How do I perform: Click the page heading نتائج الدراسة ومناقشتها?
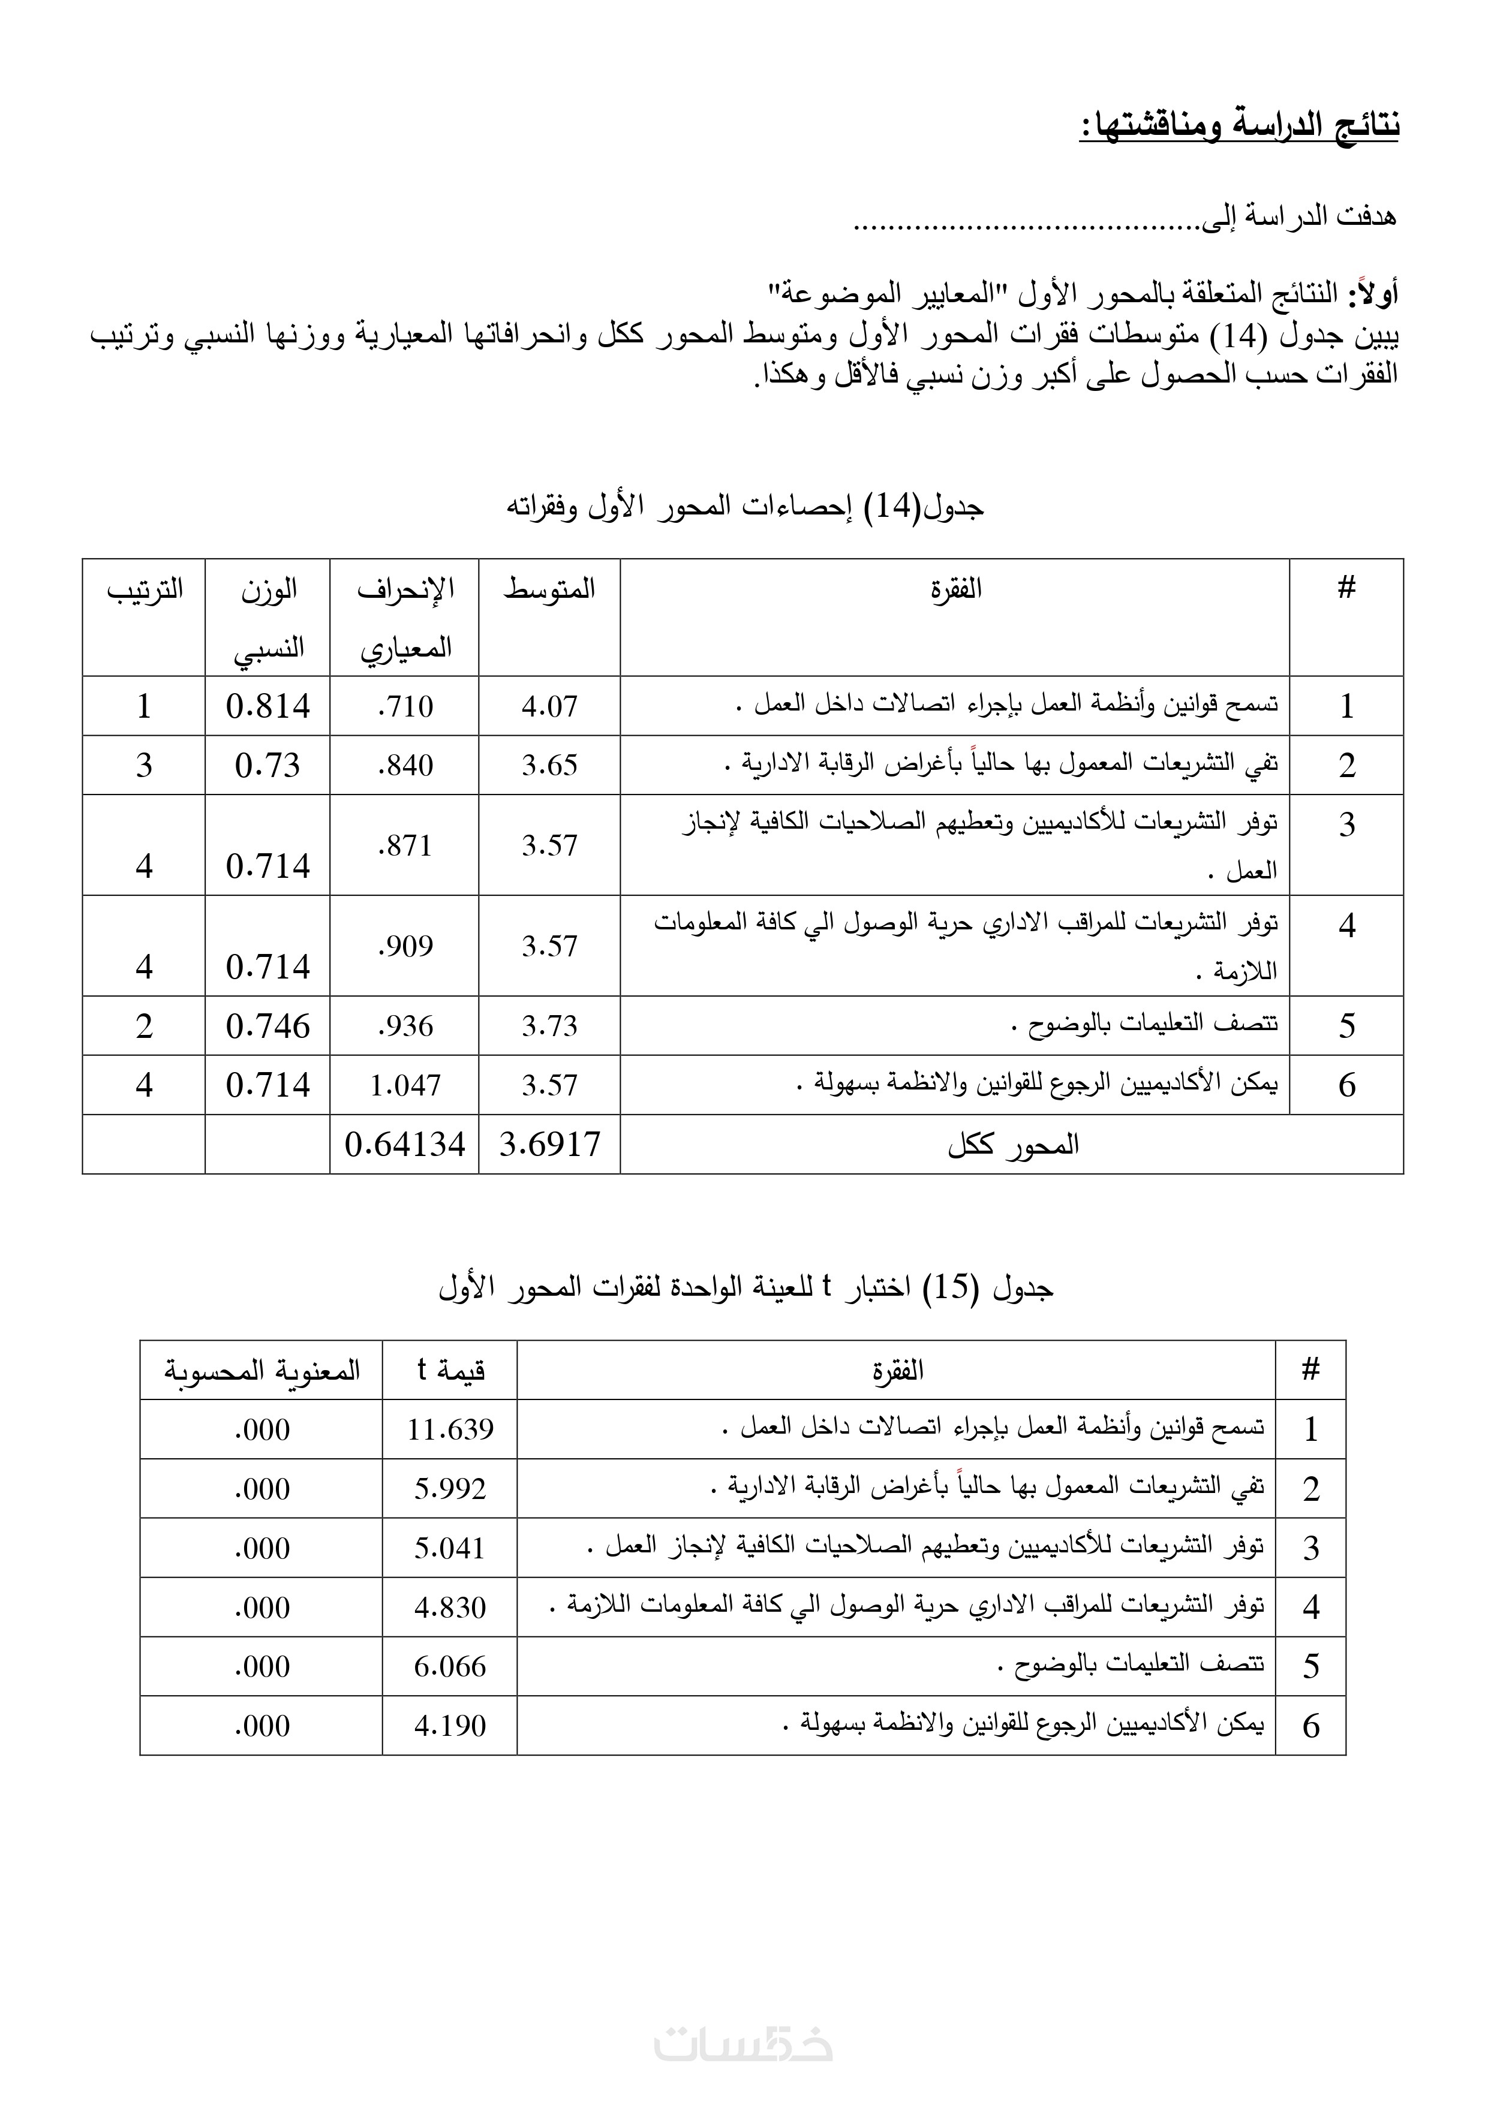coord(1239,127)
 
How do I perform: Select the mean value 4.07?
coord(549,706)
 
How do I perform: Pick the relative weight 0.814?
coord(267,706)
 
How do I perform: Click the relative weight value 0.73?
coord(267,765)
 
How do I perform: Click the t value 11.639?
coord(450,1429)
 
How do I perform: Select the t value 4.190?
coord(450,1726)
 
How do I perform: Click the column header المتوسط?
coord(549,589)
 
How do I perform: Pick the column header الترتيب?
coord(145,589)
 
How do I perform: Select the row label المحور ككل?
coord(1012,1145)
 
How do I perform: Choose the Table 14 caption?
coord(744,507)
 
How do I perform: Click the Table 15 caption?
coord(744,1289)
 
